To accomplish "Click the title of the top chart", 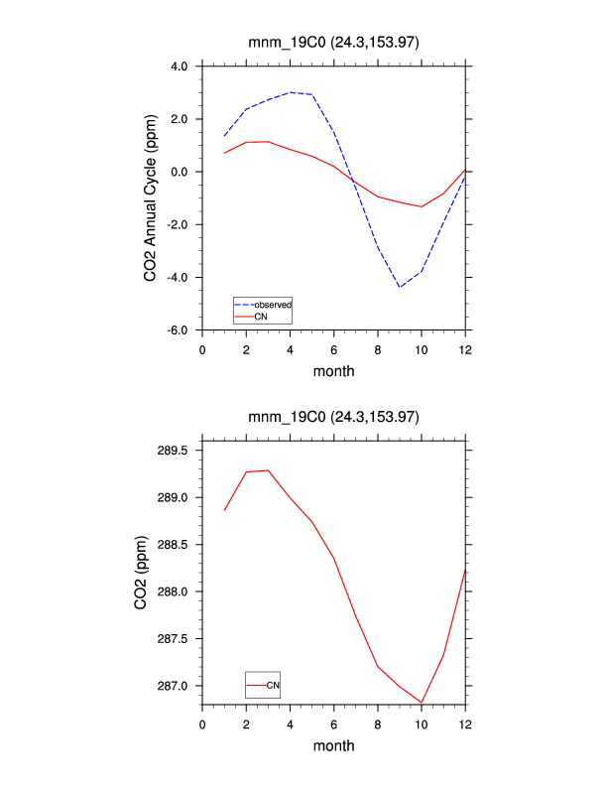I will pyautogui.click(x=333, y=42).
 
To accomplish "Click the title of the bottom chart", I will pyautogui.click(x=333, y=417).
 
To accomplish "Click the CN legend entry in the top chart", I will pyautogui.click(x=261, y=317).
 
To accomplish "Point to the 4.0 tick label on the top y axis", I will pyautogui.click(x=179, y=66).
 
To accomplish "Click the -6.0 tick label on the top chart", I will pyautogui.click(x=177, y=329).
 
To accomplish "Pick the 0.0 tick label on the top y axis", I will pyautogui.click(x=179, y=172).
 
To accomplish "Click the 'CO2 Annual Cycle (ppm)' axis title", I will pyautogui.click(x=150, y=197).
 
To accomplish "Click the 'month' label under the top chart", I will pyautogui.click(x=333, y=371).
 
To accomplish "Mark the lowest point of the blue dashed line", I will pyautogui.click(x=400, y=287).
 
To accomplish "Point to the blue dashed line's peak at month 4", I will pyautogui.click(x=290, y=92).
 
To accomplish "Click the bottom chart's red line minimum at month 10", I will pyautogui.click(x=422, y=703).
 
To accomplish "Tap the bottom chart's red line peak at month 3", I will pyautogui.click(x=268, y=470).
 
